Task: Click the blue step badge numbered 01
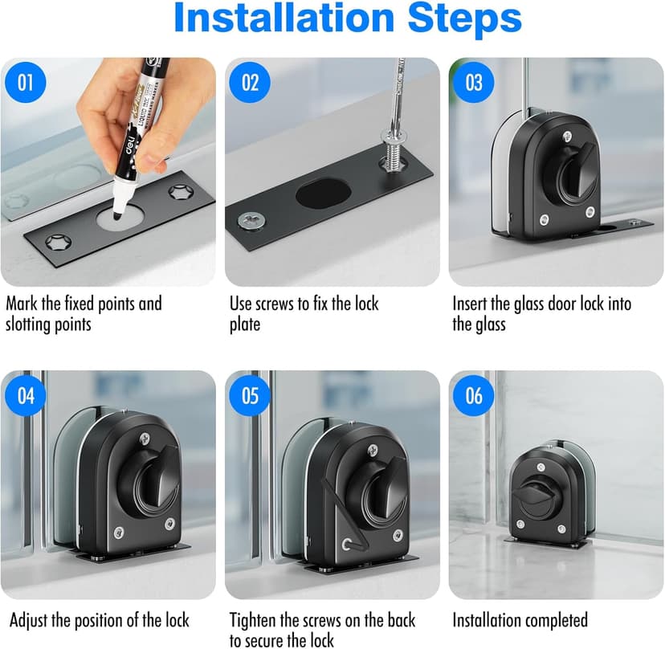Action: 26,82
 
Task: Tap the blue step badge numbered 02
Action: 250,82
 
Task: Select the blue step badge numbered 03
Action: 474,82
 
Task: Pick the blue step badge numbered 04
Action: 26,395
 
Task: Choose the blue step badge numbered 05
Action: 250,395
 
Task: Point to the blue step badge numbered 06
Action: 474,395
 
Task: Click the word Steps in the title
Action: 464,18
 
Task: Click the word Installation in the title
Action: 284,18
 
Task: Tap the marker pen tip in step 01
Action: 117,214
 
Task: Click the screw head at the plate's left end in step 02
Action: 251,220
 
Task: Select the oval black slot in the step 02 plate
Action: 324,194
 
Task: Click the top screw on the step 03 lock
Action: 567,137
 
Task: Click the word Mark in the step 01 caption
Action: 22,304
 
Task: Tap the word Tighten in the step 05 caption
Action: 253,620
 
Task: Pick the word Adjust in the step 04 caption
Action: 28,621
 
